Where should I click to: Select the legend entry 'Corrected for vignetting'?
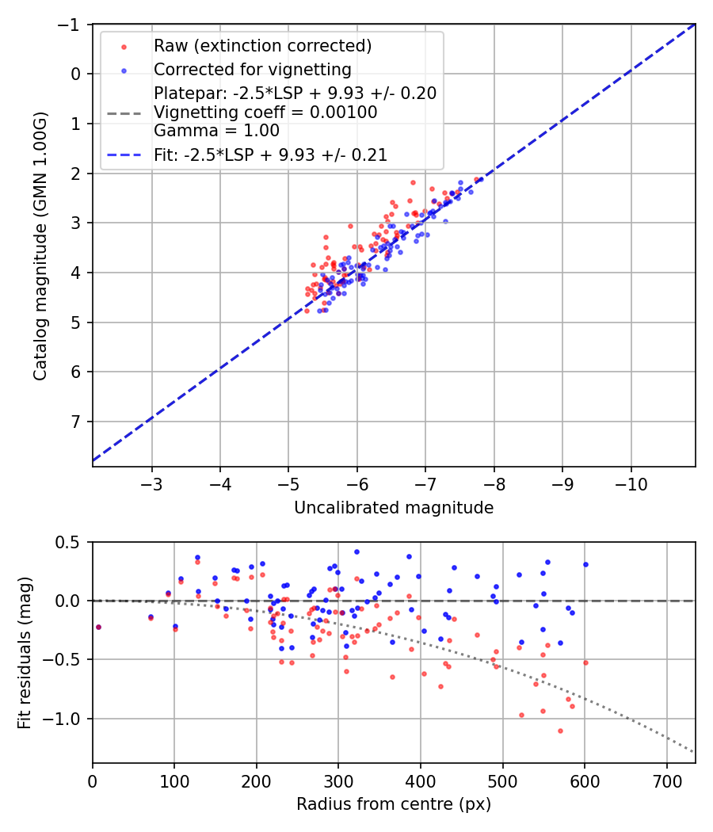252,69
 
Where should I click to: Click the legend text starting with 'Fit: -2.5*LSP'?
270,155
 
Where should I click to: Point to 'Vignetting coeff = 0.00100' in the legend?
265,113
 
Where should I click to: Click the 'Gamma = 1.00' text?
216,131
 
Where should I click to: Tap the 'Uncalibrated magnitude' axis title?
394,508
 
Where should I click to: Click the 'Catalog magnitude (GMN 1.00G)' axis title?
40,246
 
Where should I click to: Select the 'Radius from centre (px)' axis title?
394,804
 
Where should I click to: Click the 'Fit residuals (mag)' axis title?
25,652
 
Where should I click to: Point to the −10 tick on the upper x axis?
631,483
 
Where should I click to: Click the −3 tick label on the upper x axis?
152,483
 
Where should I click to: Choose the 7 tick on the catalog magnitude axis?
76,421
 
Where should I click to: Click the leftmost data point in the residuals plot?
98,627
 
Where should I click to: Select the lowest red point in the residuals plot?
560,731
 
